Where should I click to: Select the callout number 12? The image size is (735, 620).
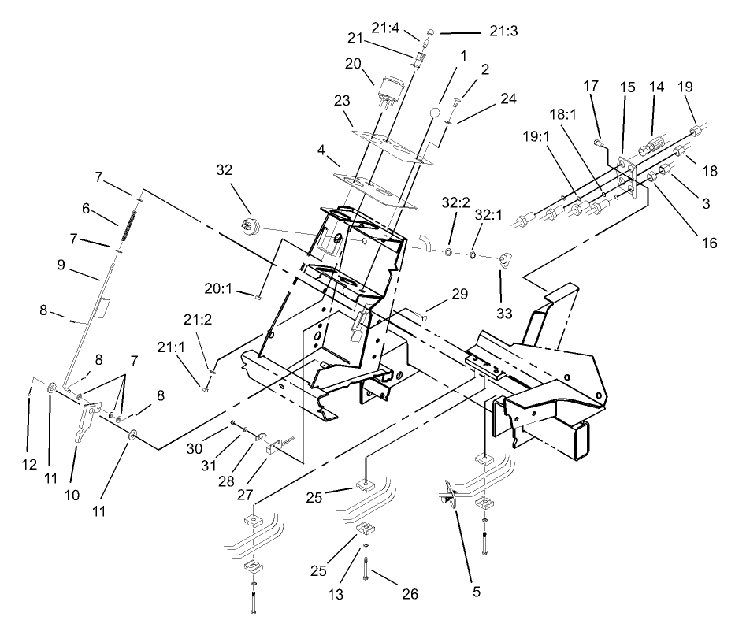(x=29, y=466)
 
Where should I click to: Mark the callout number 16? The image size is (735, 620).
(x=711, y=243)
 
